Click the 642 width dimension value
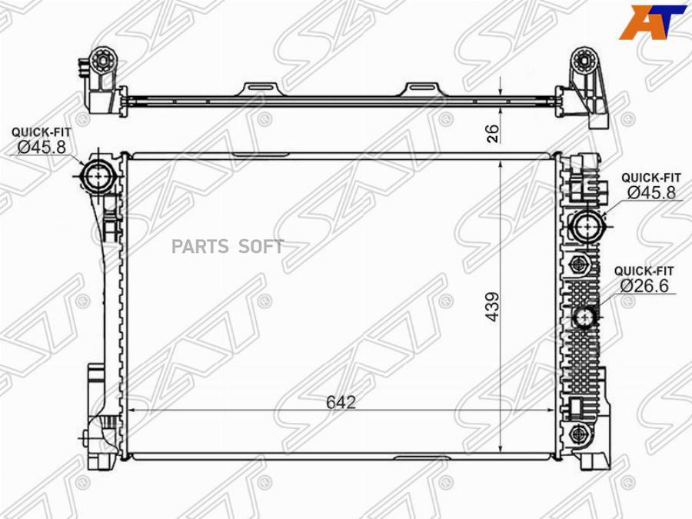click(x=341, y=402)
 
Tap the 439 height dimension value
click(x=492, y=307)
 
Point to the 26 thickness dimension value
click(x=494, y=134)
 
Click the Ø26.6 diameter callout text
click(x=644, y=286)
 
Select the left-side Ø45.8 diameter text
click(x=42, y=147)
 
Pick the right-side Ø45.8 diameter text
click(x=651, y=192)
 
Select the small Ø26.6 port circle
click(x=586, y=317)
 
